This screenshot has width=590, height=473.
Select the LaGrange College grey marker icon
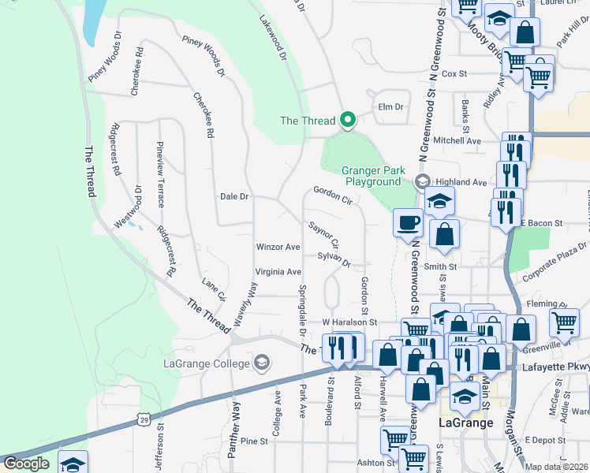pyautogui.click(x=262, y=363)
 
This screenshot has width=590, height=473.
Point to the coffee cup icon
pyautogui.click(x=407, y=223)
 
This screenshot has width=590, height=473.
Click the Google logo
pyautogui.click(x=25, y=464)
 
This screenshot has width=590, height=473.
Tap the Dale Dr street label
pyautogui.click(x=234, y=196)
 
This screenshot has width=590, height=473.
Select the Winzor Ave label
pyautogui.click(x=278, y=247)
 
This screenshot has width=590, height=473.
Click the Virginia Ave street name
pyautogui.click(x=278, y=272)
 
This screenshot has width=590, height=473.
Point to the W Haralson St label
pyautogui.click(x=349, y=322)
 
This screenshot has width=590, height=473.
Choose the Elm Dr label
pyautogui.click(x=390, y=106)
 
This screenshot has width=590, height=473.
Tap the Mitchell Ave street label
pyautogui.click(x=457, y=140)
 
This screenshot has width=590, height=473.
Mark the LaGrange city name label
pyautogui.click(x=465, y=423)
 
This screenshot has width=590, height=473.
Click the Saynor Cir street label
pyautogui.click(x=323, y=234)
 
